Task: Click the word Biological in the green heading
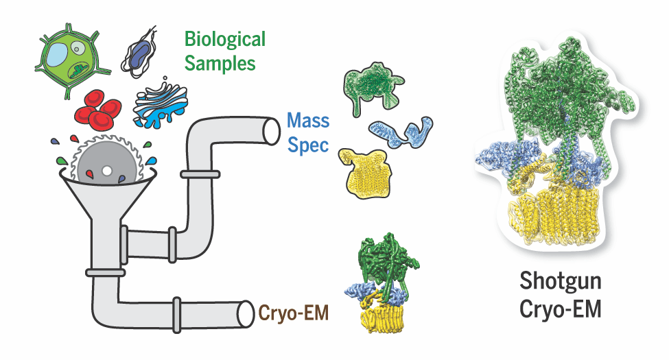point(224,39)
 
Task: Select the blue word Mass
point(308,123)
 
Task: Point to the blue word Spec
point(308,145)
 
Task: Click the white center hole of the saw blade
point(106,170)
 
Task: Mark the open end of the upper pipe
point(270,131)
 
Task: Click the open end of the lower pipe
point(246,314)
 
